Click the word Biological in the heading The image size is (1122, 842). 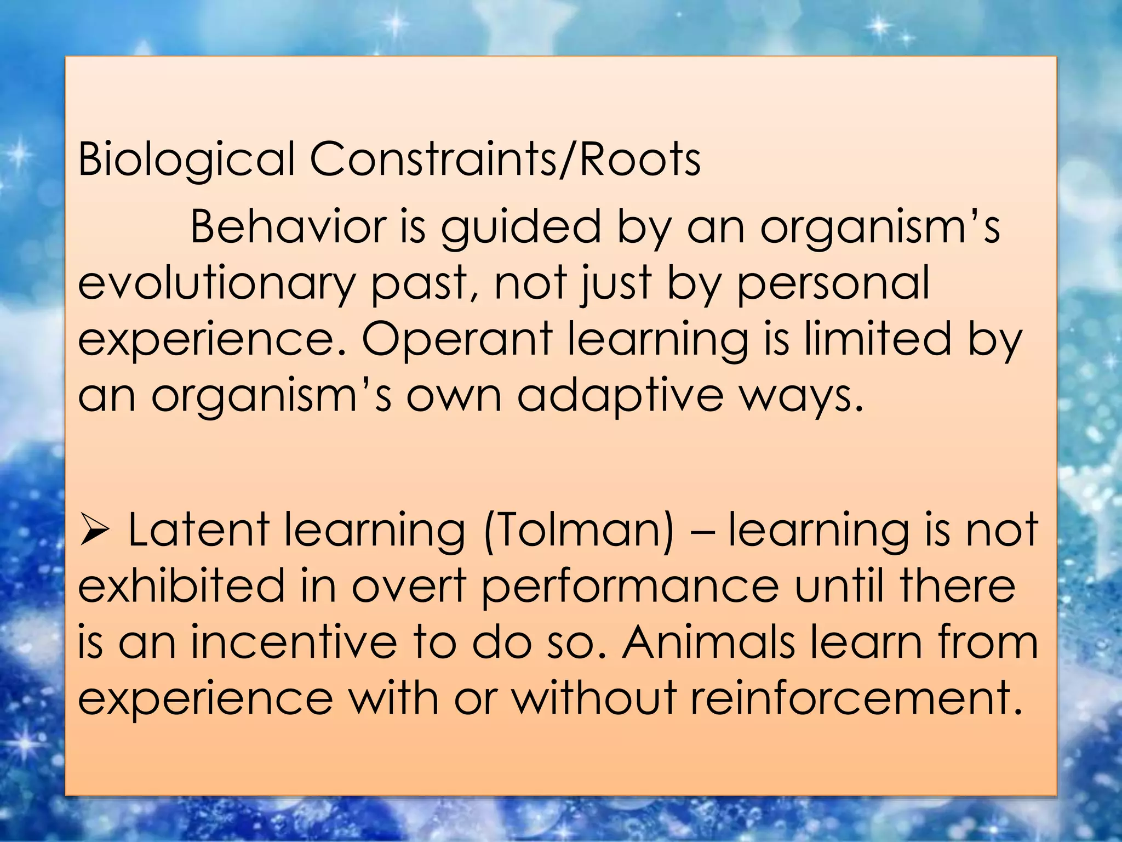[x=186, y=160]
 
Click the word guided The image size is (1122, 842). [x=521, y=228]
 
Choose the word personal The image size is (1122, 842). [x=833, y=284]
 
